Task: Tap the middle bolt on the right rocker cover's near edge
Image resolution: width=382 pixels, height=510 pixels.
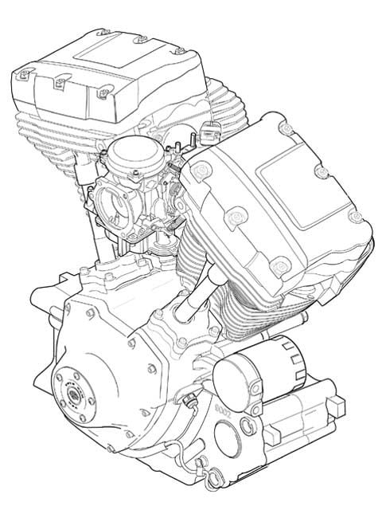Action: pyautogui.click(x=236, y=216)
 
